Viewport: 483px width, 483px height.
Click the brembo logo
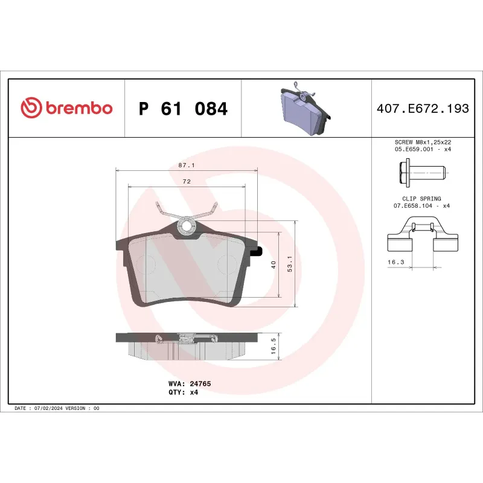tap(66, 108)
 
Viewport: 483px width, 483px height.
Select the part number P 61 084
tap(183, 109)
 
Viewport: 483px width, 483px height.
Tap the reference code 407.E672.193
tap(422, 109)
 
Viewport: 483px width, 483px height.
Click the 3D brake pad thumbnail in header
tap(305, 110)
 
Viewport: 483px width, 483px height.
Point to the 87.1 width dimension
tap(185, 165)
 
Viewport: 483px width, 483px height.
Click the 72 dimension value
tap(187, 182)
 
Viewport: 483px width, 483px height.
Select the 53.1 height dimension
tap(290, 265)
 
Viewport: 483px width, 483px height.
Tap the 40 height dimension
tap(273, 265)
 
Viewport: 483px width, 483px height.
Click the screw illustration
tap(425, 173)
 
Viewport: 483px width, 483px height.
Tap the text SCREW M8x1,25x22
tap(422, 142)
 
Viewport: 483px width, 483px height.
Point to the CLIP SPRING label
tap(421, 199)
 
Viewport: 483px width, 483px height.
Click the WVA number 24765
tap(200, 383)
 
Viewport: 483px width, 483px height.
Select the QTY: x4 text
tap(183, 392)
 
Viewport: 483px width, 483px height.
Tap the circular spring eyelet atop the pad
tap(187, 226)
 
